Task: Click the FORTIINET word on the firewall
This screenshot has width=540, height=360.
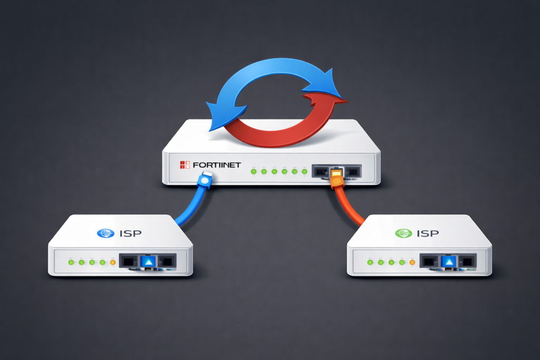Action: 217,165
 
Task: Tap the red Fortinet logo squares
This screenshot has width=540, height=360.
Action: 184,165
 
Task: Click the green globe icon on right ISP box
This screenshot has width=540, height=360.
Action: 403,232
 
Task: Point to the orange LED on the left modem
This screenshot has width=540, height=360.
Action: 112,262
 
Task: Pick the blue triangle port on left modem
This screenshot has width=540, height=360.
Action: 148,261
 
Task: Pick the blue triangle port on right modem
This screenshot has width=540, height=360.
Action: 449,261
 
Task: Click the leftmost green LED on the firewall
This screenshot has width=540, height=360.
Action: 253,171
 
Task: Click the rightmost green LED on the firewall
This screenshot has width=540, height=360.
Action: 305,171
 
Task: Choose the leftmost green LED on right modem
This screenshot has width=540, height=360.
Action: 370,262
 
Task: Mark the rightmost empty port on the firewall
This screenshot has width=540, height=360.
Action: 354,171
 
